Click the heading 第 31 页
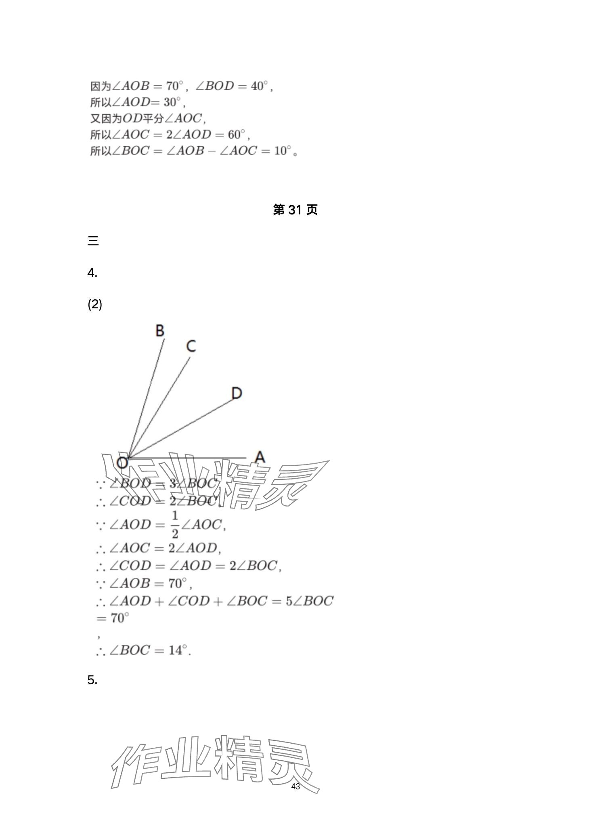coord(295,210)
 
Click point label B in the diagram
coord(160,330)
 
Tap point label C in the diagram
coord(191,346)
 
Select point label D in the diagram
coord(237,393)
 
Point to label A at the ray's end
coord(260,457)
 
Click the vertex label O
coord(122,463)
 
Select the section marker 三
coord(93,241)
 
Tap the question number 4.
coord(92,273)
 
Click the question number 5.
coord(92,680)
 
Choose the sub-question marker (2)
coord(95,304)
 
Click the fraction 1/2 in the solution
coord(175,525)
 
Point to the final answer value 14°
coord(178,650)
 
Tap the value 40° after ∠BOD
coord(259,86)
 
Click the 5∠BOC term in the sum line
coord(309,601)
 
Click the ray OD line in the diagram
coord(182,428)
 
